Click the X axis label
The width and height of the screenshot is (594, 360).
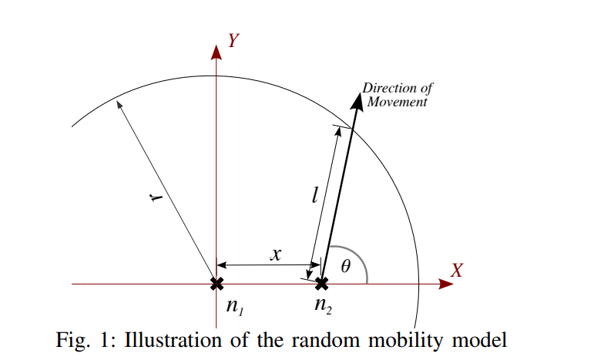pos(457,271)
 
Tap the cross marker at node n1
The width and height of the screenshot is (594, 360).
pos(216,284)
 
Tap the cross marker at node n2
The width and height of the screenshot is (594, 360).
pos(322,284)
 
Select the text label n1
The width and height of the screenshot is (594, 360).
pos(234,307)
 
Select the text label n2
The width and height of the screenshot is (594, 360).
pos(323,305)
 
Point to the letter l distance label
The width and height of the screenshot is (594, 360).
pos(315,194)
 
